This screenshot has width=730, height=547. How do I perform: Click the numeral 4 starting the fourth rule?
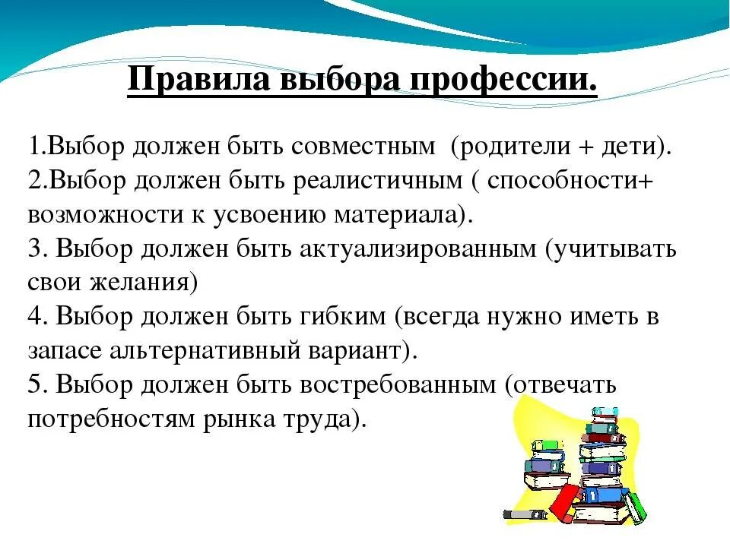tap(35, 317)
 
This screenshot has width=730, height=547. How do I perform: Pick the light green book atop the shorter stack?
tap(545, 445)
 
